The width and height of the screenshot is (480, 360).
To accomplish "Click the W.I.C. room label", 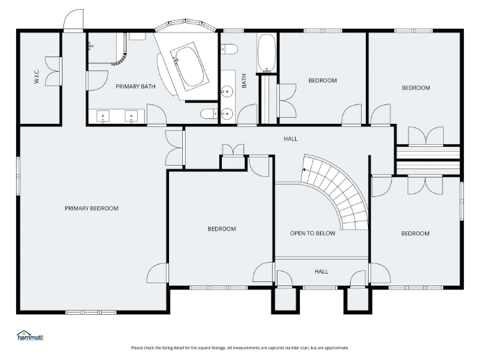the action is [x=36, y=77].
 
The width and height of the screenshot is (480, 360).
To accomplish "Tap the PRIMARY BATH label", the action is [x=136, y=86].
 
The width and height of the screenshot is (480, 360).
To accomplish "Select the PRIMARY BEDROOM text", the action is [x=92, y=208].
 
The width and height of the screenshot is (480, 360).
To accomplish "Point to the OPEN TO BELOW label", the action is [x=312, y=233].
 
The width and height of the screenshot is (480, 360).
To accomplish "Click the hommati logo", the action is [x=31, y=336].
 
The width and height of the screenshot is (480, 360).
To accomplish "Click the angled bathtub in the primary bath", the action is [x=190, y=66].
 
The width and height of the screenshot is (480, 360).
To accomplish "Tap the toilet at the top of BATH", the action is [x=230, y=49].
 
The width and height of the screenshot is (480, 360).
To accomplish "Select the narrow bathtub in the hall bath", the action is [x=266, y=53].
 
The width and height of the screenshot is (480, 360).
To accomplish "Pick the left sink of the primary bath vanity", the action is [x=103, y=116].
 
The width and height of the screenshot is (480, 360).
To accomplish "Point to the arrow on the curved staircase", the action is [x=305, y=169].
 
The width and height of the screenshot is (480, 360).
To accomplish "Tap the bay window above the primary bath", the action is [x=186, y=25].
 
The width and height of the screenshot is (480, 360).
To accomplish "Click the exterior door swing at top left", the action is [x=74, y=19].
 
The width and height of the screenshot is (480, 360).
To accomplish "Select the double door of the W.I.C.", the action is [x=54, y=71].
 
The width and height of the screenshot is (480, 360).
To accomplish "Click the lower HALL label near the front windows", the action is [x=321, y=272].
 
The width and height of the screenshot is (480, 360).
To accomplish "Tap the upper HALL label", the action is [x=291, y=139].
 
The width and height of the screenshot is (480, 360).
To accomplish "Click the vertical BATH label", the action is [x=244, y=81].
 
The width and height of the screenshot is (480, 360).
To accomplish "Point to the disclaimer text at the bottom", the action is [x=240, y=347].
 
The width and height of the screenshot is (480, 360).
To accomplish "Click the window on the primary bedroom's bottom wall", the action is [x=91, y=312].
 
